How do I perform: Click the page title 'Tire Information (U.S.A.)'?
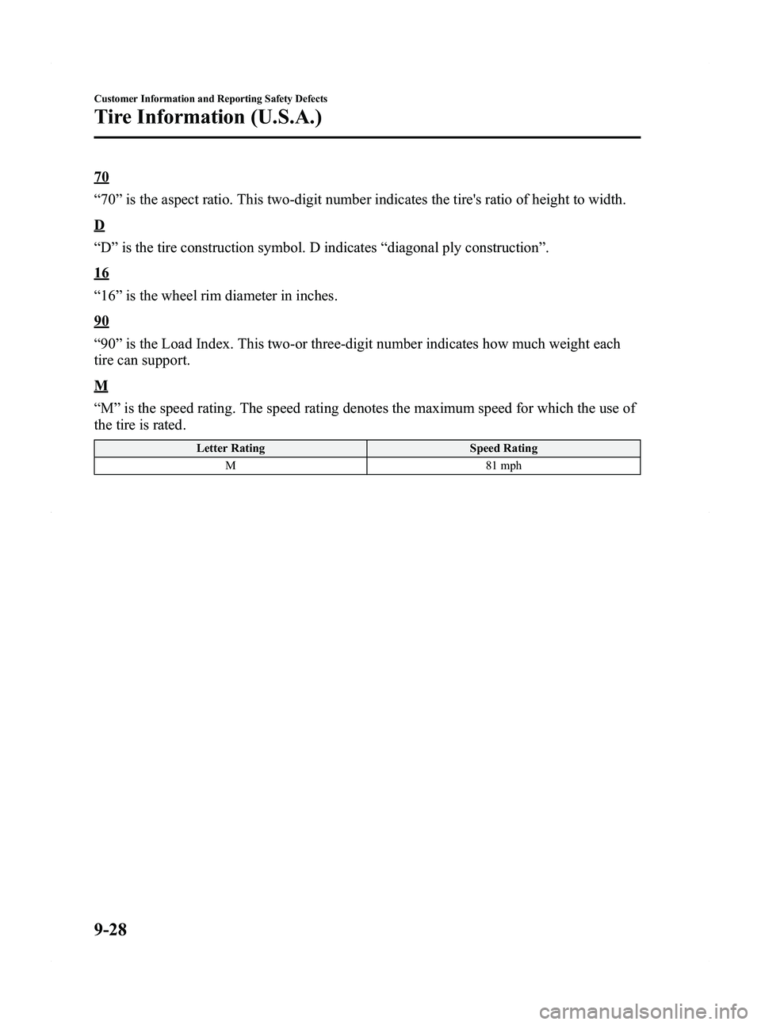208,118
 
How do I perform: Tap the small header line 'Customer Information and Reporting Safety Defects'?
211,98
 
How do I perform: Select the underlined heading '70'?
101,176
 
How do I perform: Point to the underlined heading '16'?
101,274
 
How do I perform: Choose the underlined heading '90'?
101,322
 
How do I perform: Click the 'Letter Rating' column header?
231,449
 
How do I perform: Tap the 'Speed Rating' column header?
503,449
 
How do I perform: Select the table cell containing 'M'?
231,465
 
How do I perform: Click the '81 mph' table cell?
503,465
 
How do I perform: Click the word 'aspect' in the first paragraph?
211,199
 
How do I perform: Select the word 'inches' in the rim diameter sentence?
315,296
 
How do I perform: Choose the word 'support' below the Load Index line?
166,361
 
